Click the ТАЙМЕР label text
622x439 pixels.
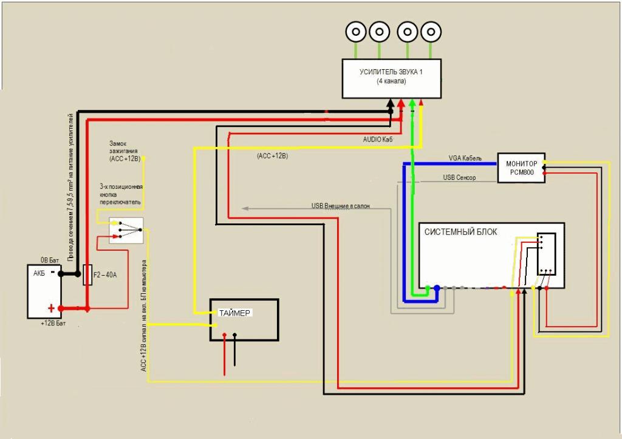(234, 313)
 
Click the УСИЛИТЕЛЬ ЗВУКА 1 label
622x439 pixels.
(391, 72)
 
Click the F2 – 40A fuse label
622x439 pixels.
(105, 275)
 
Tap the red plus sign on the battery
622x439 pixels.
(52, 308)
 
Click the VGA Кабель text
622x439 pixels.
(465, 158)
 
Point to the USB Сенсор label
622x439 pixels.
(460, 178)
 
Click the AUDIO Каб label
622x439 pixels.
(378, 139)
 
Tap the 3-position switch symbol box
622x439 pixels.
(126, 231)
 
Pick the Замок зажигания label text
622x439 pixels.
(125, 149)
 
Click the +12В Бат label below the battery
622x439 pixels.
(53, 324)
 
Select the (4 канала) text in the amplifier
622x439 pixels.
(391, 81)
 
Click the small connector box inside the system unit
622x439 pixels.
(546, 254)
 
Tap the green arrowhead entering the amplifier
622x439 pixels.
(412, 103)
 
